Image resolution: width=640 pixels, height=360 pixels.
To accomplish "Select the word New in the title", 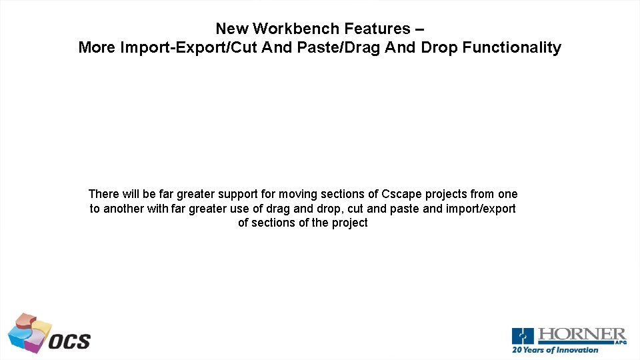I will click(x=233, y=29).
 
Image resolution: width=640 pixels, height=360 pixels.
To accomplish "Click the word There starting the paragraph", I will click(x=104, y=194).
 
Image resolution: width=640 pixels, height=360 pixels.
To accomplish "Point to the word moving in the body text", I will click(x=297, y=194).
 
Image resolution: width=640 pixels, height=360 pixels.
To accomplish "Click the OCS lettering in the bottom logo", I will click(x=69, y=341).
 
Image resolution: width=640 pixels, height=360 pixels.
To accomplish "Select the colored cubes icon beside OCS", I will click(x=29, y=332).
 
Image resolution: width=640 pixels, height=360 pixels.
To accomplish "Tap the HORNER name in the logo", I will click(x=581, y=334).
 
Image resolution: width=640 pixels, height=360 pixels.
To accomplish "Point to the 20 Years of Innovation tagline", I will click(x=555, y=350).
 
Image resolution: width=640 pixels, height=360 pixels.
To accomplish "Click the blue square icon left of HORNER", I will click(x=523, y=336).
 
